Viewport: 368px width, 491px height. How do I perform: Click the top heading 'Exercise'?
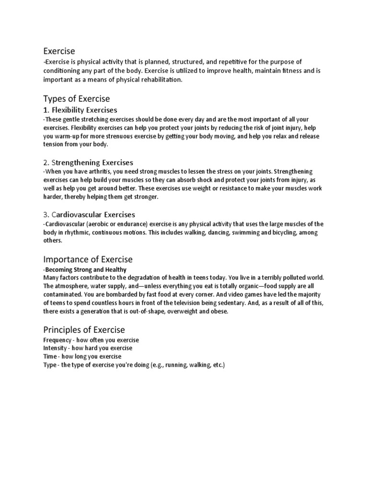click(59, 50)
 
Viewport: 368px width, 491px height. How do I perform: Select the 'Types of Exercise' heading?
click(77, 99)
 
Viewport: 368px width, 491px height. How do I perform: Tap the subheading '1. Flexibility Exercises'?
click(80, 110)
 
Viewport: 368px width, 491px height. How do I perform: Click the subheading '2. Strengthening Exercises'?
click(88, 163)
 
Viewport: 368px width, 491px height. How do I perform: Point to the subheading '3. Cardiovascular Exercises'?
click(89, 214)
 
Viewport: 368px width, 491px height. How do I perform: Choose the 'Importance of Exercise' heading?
click(88, 259)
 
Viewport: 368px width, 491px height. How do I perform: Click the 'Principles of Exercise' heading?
click(84, 329)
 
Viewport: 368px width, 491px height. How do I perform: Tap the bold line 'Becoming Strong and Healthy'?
click(86, 270)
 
